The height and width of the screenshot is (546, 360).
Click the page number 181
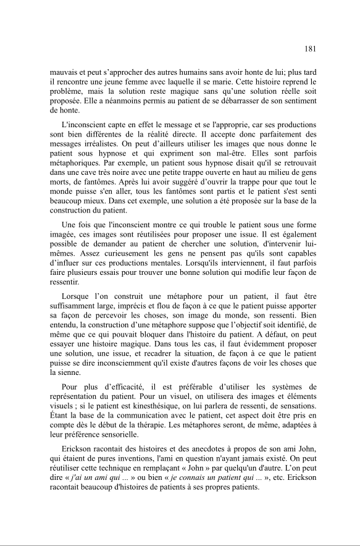[311, 49]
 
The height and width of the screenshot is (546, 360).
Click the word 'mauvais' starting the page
[64, 72]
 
